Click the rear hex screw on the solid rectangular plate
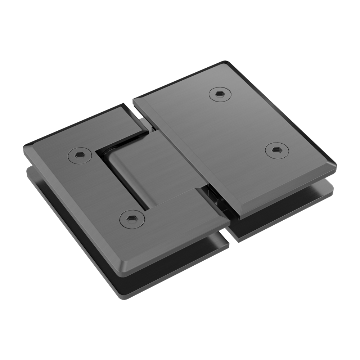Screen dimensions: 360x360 pyautogui.click(x=219, y=94)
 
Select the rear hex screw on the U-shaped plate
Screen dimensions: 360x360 pyautogui.click(x=78, y=155)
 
